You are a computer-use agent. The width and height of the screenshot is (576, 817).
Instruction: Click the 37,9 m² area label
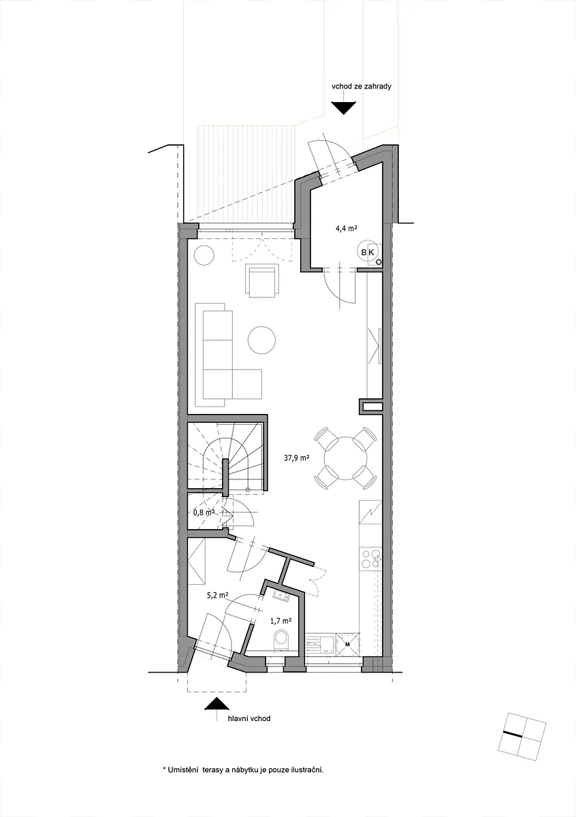(x=297, y=458)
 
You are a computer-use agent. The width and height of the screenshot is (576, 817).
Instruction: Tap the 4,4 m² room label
(x=346, y=229)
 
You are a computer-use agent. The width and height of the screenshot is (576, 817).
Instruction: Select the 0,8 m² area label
(x=204, y=513)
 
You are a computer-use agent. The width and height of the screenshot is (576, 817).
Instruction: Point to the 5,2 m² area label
(x=217, y=595)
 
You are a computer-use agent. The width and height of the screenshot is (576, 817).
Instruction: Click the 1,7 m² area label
(x=281, y=620)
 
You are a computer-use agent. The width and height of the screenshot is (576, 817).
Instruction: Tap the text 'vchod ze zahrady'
(x=361, y=86)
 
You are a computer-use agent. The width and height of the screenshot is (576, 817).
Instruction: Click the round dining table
(x=345, y=458)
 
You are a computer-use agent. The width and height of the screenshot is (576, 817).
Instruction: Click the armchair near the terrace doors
(x=262, y=281)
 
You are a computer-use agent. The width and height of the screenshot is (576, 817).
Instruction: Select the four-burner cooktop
(x=370, y=557)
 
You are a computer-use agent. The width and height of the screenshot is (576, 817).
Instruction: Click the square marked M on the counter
(x=347, y=645)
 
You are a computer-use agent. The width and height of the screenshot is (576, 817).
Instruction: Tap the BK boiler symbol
(x=368, y=252)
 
